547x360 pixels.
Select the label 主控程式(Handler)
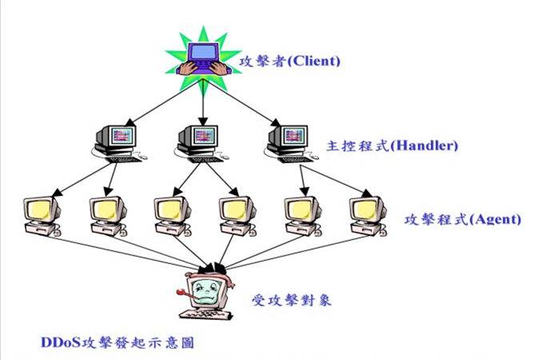click(x=392, y=146)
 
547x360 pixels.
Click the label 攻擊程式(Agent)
click(x=462, y=218)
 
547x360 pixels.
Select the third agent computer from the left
click(x=173, y=214)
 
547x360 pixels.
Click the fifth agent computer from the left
click(x=301, y=214)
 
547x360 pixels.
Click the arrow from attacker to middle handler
click(x=202, y=100)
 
